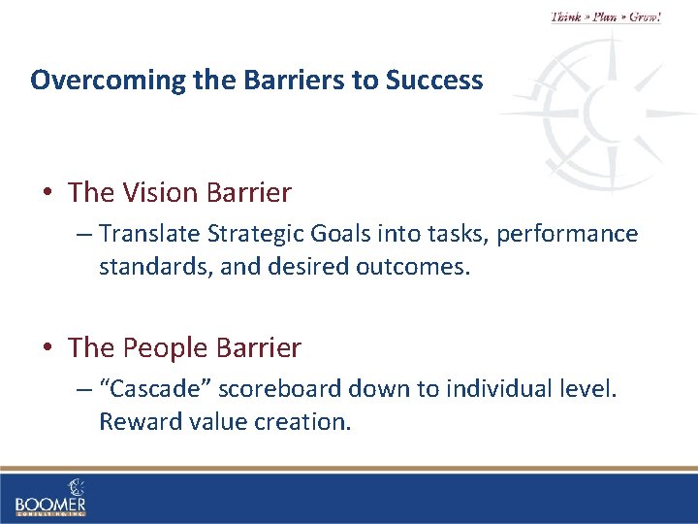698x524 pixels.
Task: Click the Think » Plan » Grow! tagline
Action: pyautogui.click(x=605, y=17)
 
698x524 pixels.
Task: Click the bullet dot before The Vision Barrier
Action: pyautogui.click(x=48, y=193)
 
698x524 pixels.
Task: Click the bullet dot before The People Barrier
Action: pyautogui.click(x=48, y=347)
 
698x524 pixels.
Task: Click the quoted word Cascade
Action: pyautogui.click(x=155, y=389)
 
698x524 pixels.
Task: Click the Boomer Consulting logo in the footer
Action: pyautogui.click(x=50, y=497)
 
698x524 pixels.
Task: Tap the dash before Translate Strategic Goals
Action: pyautogui.click(x=84, y=235)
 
